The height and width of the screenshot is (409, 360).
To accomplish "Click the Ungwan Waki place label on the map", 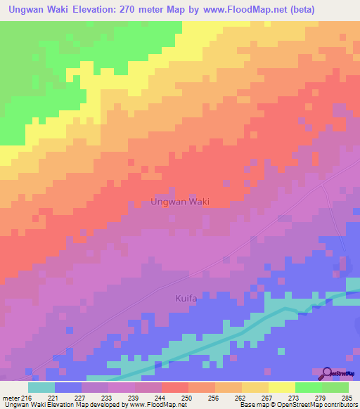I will click(x=180, y=202).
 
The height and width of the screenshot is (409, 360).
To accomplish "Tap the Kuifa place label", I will click(x=188, y=299).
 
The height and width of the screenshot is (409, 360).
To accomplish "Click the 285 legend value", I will click(x=345, y=397).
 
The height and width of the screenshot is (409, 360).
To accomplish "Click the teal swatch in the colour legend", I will click(x=41, y=387).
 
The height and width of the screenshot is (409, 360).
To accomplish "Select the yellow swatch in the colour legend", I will click(x=281, y=387).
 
